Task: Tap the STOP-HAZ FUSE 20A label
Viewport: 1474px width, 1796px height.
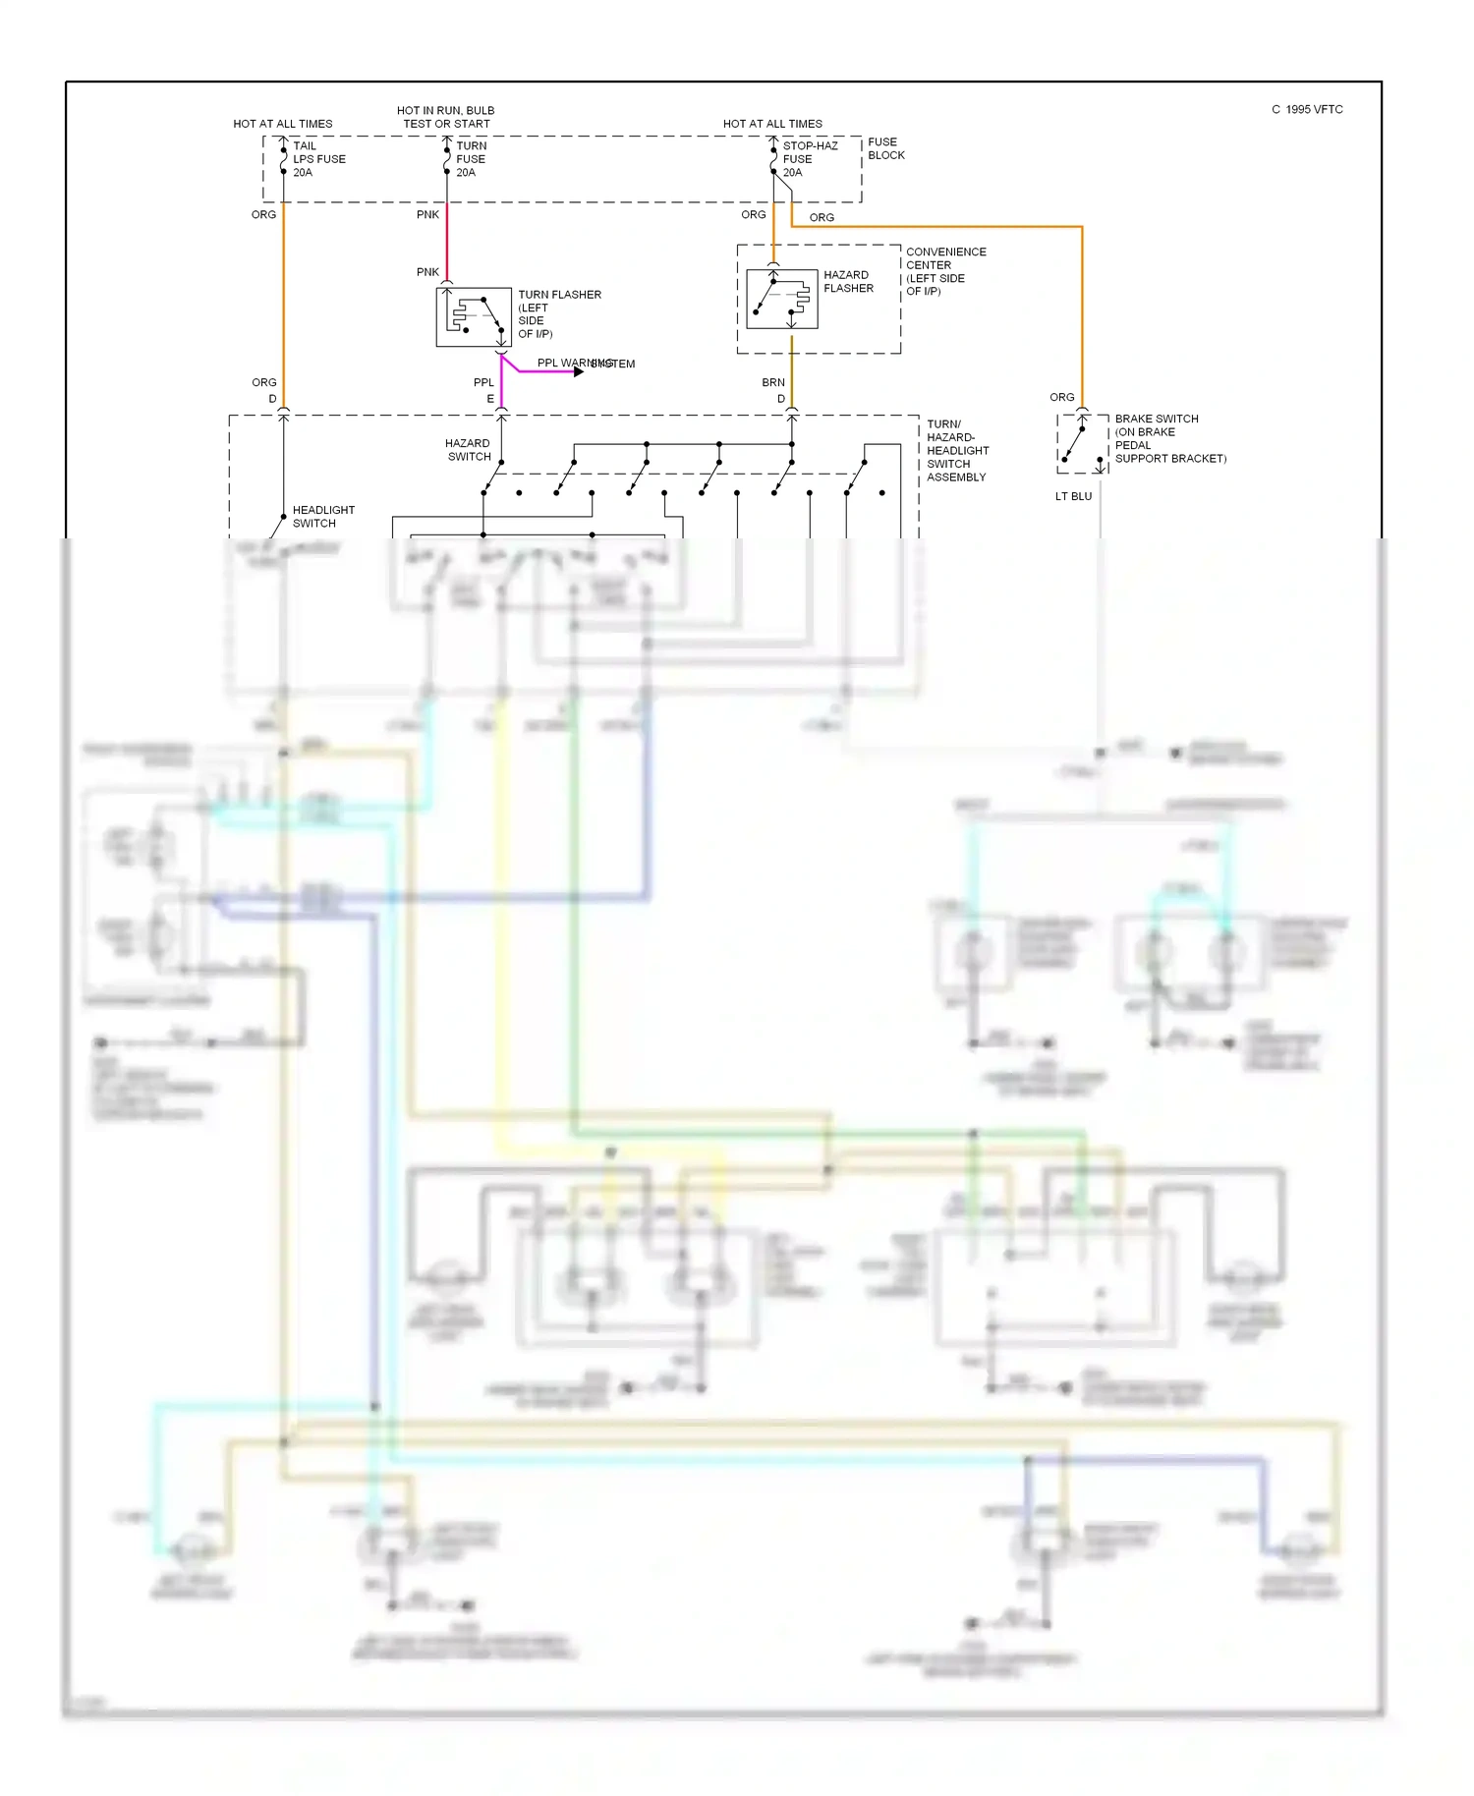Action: point(809,159)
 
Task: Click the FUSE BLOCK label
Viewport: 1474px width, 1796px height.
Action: point(885,148)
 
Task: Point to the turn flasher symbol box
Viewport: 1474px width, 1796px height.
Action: point(474,316)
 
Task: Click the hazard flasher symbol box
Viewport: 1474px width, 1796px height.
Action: point(781,299)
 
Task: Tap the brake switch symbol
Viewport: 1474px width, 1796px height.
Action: point(1082,444)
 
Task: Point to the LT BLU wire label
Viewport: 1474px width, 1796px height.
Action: point(1073,496)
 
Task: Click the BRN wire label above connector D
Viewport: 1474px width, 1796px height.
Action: point(773,382)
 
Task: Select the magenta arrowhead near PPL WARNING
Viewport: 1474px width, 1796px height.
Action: point(579,371)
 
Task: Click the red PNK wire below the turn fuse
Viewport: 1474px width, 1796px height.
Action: point(447,241)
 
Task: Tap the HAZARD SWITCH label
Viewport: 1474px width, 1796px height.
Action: point(468,450)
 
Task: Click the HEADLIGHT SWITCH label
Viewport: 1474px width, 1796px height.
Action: point(322,517)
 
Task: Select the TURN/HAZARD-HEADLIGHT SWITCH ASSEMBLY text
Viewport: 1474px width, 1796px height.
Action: point(956,451)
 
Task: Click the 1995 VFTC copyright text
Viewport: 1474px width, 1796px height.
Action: point(1307,110)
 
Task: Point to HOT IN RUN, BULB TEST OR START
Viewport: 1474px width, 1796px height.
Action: point(445,117)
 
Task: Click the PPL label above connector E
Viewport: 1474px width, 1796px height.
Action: point(483,382)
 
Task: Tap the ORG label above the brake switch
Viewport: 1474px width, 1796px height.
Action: point(1061,397)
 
